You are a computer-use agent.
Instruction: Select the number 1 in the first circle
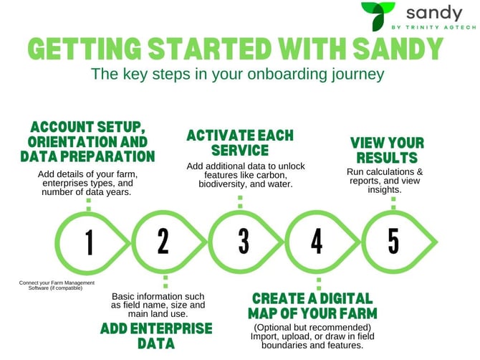coord(89,242)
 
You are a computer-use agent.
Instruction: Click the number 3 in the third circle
coord(243,242)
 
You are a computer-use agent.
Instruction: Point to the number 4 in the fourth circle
coord(317,242)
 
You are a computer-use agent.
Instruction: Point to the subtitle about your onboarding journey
coord(238,74)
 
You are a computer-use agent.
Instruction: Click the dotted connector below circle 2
coord(164,280)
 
